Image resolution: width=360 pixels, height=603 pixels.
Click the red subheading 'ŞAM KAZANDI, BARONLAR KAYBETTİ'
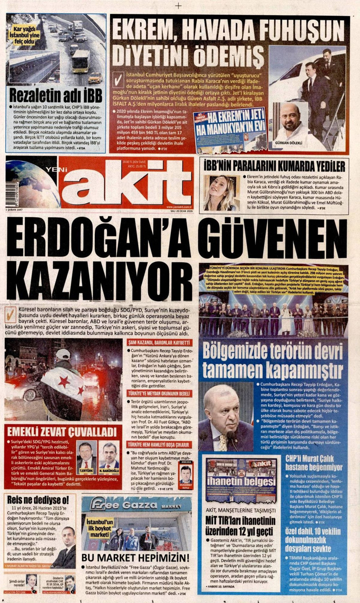pyautogui.click(x=160, y=342)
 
